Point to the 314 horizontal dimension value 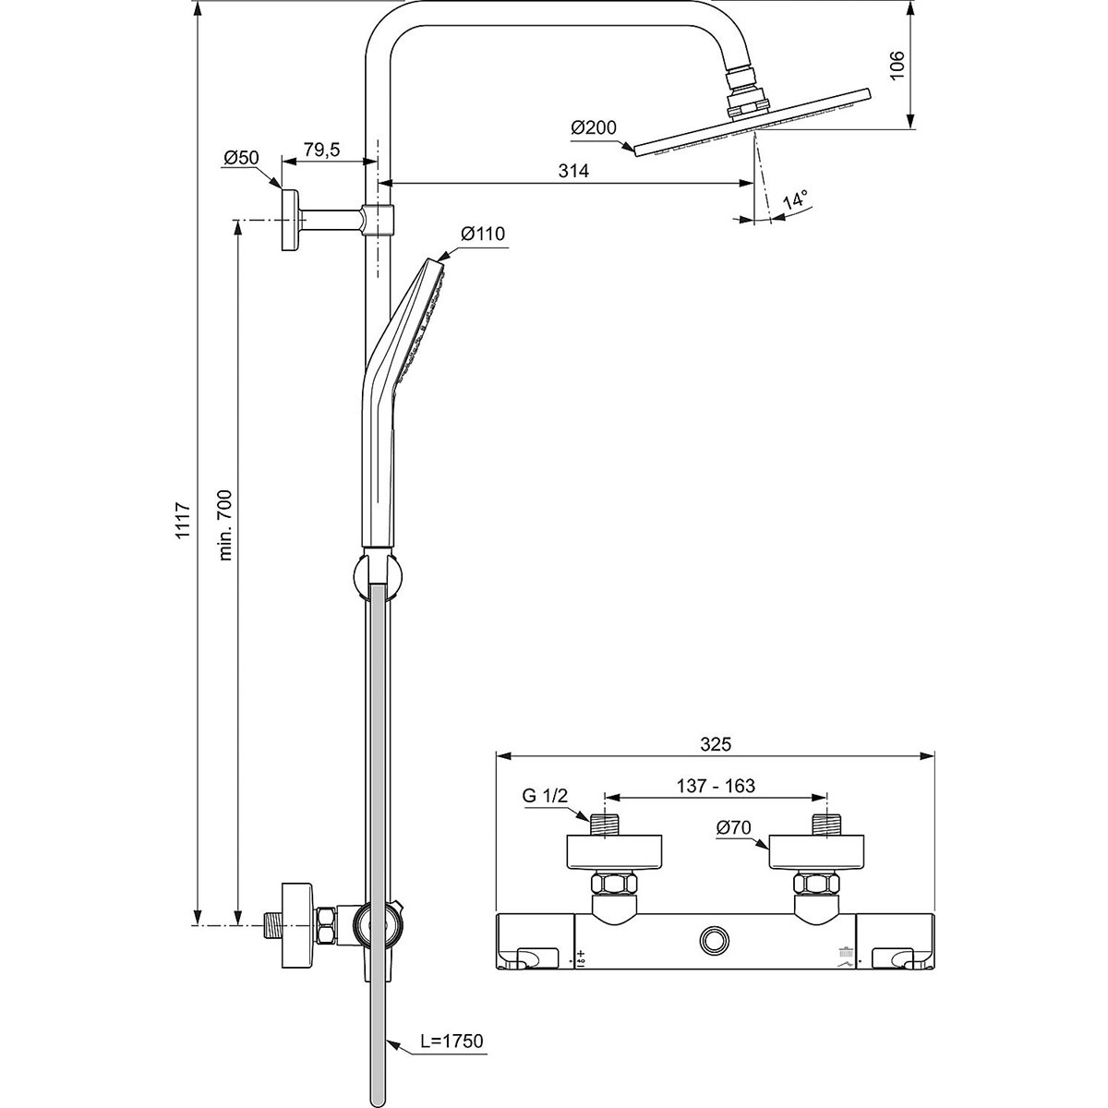574,171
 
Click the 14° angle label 795,199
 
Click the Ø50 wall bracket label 240,158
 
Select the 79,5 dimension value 323,149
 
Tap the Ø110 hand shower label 483,235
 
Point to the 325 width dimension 716,743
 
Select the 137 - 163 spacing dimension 717,786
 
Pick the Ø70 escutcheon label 736,828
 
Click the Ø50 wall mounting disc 290,220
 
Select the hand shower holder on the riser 377,573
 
